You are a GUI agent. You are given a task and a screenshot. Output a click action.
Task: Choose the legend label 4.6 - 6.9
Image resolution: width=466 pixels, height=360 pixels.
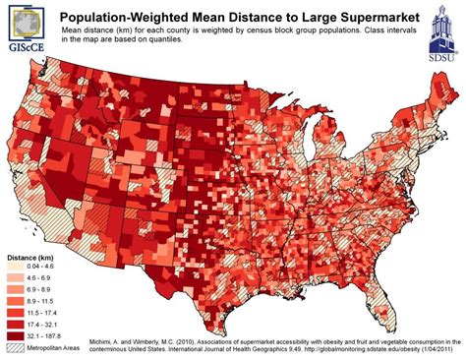click(48, 278)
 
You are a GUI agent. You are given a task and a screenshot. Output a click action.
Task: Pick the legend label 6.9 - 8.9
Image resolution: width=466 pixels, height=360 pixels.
click(48, 289)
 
